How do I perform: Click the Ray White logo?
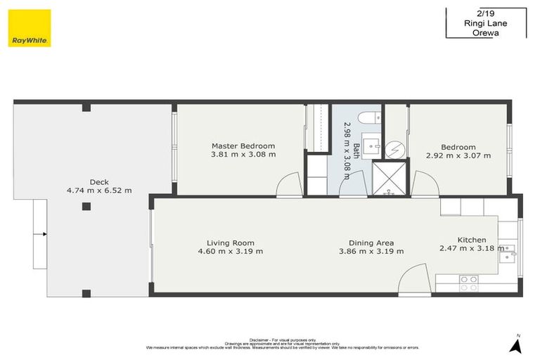(x=30, y=28)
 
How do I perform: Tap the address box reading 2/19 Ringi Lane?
(x=485, y=22)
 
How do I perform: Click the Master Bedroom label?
(x=243, y=146)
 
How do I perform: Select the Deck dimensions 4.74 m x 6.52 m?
(x=98, y=190)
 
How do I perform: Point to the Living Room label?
(x=230, y=243)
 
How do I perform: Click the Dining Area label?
(x=371, y=243)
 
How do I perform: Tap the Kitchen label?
(x=471, y=240)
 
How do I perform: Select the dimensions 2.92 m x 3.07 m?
(x=458, y=155)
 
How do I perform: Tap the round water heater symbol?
(x=396, y=148)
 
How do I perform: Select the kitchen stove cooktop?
(x=468, y=283)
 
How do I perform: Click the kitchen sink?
(x=508, y=252)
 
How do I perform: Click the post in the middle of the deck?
(x=86, y=207)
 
